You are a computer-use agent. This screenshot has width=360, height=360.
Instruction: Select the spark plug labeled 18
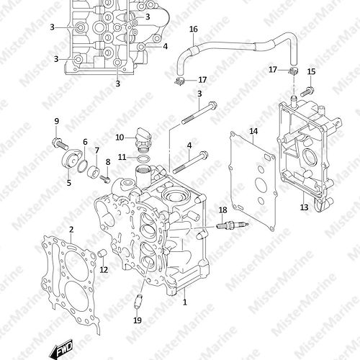233,225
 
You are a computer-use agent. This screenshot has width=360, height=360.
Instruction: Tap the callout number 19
138,320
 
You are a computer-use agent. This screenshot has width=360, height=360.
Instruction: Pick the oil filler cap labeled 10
143,140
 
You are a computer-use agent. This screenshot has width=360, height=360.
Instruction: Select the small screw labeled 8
105,179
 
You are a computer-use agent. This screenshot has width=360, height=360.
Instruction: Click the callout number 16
194,30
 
